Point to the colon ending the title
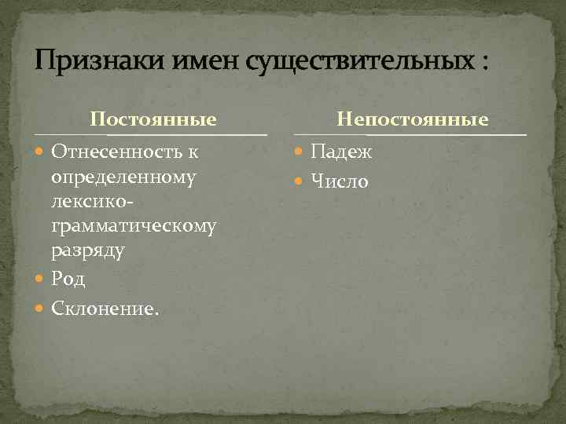click(x=482, y=63)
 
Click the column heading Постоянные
click(x=153, y=119)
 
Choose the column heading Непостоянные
click(x=413, y=119)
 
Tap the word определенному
click(x=123, y=176)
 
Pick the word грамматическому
click(x=134, y=226)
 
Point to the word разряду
click(x=88, y=251)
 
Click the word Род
click(x=68, y=279)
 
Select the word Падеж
click(x=342, y=151)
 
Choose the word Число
click(x=340, y=182)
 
